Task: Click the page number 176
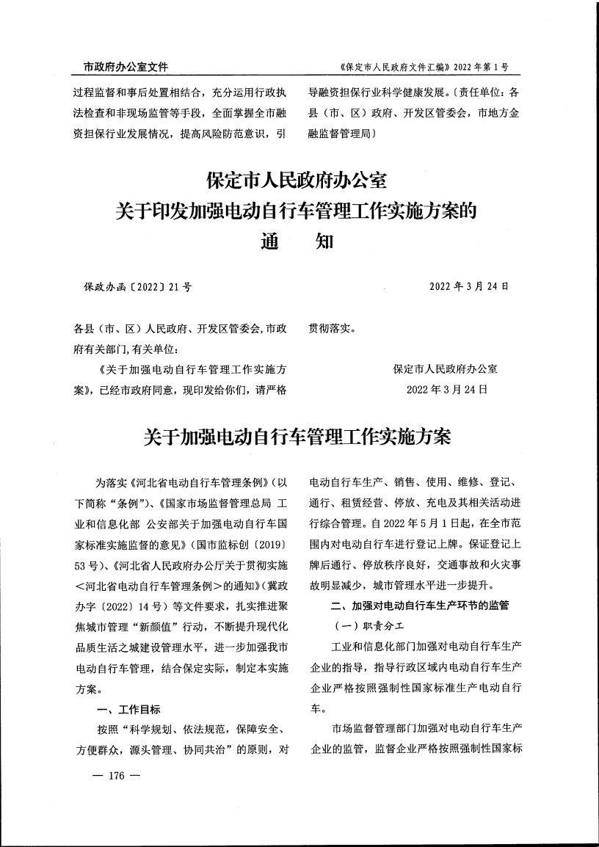(118, 776)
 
